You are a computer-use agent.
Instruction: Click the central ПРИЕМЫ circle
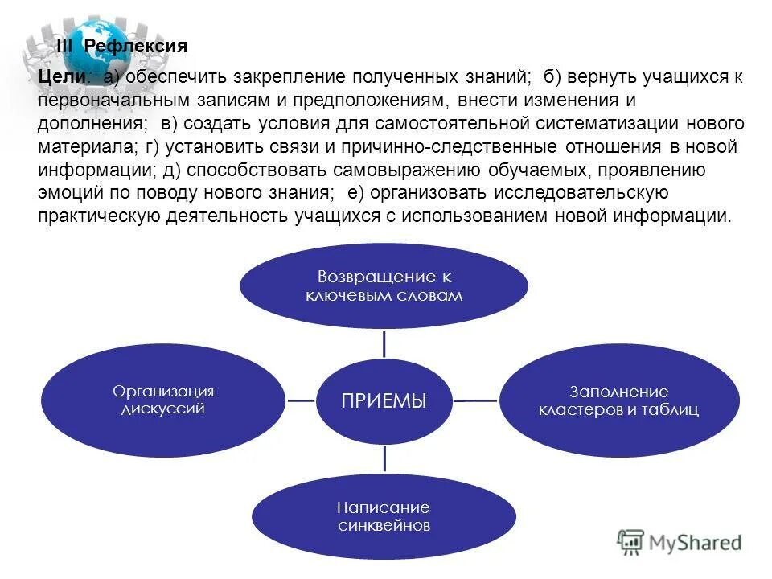pos(384,400)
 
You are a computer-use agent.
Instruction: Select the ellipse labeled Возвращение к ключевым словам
pos(384,285)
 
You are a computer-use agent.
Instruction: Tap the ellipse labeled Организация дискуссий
pos(164,400)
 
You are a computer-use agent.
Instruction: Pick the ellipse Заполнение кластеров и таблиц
pos(618,400)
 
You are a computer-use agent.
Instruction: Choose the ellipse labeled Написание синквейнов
pos(384,516)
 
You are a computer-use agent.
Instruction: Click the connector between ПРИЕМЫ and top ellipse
pos(384,343)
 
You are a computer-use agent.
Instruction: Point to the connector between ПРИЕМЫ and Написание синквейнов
pos(384,458)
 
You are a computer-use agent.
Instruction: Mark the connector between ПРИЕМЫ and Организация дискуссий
pos(301,400)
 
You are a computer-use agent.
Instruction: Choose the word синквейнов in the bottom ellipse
pos(384,526)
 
